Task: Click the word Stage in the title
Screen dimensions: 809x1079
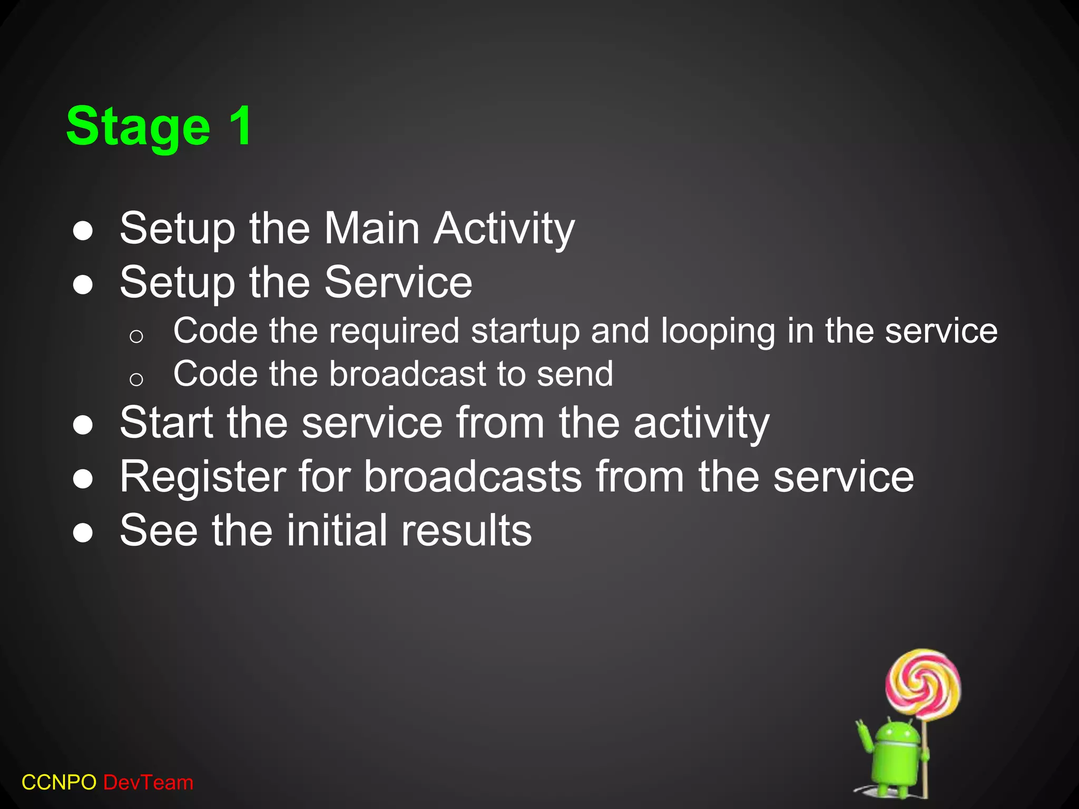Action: (x=138, y=127)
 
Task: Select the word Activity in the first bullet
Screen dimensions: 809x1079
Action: (x=504, y=230)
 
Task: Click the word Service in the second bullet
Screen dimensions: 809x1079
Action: (x=398, y=282)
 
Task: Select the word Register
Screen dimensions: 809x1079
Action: (x=202, y=477)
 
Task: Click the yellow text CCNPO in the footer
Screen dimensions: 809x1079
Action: (x=58, y=783)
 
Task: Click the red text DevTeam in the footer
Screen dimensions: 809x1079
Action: (x=148, y=783)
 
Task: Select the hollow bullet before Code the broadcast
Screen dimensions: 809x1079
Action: (x=136, y=379)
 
